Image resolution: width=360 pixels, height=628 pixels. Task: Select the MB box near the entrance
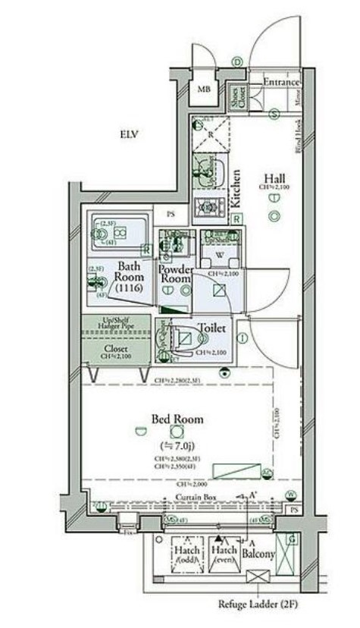click(203, 90)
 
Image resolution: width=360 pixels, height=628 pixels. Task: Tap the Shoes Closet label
click(238, 96)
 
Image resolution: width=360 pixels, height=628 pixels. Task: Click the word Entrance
click(281, 82)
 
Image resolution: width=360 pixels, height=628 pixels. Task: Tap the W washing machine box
click(216, 254)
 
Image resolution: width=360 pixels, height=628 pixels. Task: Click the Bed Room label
click(177, 419)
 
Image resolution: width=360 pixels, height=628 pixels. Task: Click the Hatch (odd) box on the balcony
click(186, 555)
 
